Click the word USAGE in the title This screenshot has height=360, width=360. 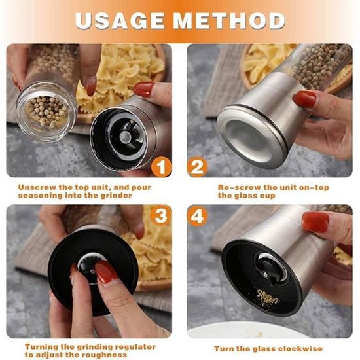[x=120, y=21]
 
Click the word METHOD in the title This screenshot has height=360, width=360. [x=229, y=21]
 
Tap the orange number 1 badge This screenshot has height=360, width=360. [x=162, y=167]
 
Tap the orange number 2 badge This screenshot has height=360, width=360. [x=197, y=167]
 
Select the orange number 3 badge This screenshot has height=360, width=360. [x=161, y=216]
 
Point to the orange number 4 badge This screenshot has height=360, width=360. [x=198, y=216]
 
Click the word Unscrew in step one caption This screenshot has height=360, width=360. [x=37, y=187]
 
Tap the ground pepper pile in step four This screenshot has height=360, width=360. [x=267, y=298]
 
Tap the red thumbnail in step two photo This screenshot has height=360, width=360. [x=304, y=99]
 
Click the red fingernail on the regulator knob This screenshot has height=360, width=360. [x=106, y=273]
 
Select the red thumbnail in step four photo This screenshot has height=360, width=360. [x=315, y=222]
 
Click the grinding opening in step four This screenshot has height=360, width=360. [x=270, y=267]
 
